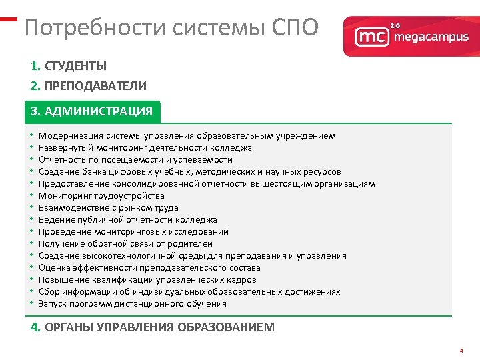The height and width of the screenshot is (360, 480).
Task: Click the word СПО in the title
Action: (297, 28)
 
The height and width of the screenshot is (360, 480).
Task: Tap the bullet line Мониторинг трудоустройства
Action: (101, 195)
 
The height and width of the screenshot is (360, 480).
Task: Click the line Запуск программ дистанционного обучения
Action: (133, 303)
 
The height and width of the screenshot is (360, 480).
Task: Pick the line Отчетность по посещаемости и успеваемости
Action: (135, 159)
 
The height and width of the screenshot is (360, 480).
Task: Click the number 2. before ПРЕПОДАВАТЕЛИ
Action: (36, 86)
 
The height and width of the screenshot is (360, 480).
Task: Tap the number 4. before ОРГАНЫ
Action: (36, 327)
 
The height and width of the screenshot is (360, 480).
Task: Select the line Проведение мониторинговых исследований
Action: (133, 231)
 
